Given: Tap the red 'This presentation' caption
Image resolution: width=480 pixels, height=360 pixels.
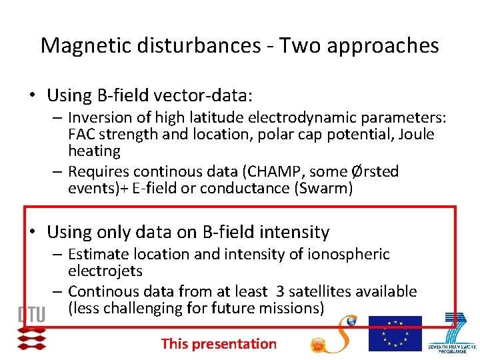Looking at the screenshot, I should pyautogui.click(x=219, y=344).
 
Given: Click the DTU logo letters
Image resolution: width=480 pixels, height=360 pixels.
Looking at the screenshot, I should pyautogui.click(x=32, y=314).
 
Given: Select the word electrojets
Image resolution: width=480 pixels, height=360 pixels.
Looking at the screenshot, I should pyautogui.click(x=105, y=271).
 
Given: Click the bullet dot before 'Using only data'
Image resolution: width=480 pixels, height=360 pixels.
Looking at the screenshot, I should pyautogui.click(x=31, y=232).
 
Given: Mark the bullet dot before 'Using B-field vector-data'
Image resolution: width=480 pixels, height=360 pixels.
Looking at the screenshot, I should pyautogui.click(x=31, y=95).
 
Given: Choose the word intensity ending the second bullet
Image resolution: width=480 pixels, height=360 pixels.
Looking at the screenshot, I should pyautogui.click(x=295, y=232).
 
